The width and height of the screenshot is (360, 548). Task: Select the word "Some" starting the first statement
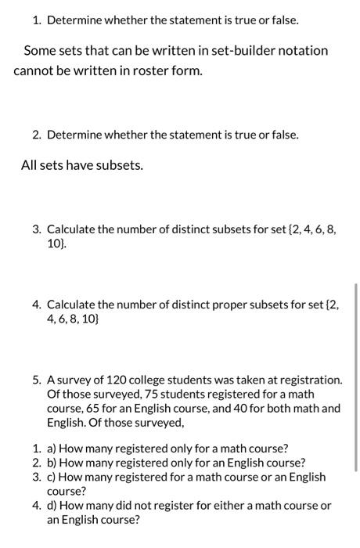(40, 51)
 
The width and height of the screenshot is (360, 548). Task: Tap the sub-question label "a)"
(53, 449)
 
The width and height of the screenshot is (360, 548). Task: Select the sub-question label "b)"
(53, 463)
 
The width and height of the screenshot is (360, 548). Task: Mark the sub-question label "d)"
(53, 505)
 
